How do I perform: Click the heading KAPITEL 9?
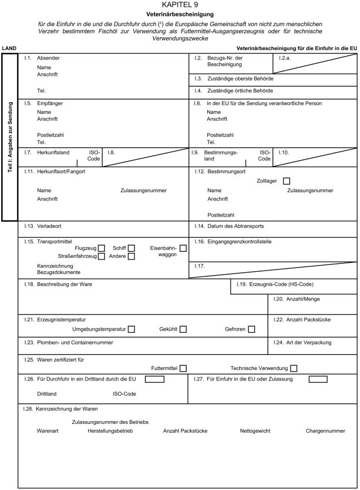180,4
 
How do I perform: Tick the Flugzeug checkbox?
101,248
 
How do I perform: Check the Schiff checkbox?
132,248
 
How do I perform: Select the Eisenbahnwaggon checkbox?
183,248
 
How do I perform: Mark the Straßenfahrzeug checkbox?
101,256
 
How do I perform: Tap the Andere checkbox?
132,256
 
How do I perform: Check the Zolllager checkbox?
287,181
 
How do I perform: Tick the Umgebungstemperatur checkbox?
132,329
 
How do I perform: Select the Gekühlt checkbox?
183,329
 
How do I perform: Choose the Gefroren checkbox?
252,329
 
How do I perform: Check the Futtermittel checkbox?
183,368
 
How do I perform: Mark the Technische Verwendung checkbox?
293,368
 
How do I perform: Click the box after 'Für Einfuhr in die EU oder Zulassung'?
318,379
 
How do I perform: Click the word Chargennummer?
325,431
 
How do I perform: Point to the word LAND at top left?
9,48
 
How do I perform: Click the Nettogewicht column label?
256,431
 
